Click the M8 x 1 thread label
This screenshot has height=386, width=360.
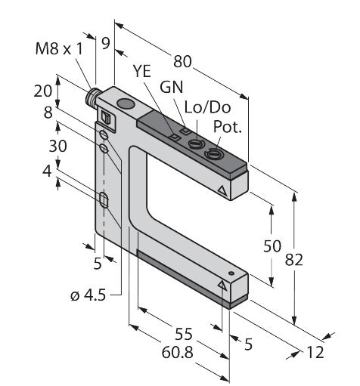point(59,48)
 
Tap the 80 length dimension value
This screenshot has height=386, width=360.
point(182,61)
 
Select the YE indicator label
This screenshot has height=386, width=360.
point(142,71)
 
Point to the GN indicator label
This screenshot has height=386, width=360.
point(172,87)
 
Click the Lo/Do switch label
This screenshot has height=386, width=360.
point(207,107)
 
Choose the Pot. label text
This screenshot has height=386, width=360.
point(228,127)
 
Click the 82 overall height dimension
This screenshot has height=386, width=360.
point(293,260)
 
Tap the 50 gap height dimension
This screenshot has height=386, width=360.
point(272,245)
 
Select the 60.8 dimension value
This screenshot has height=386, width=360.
point(177,352)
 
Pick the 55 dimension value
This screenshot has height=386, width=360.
point(184,334)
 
